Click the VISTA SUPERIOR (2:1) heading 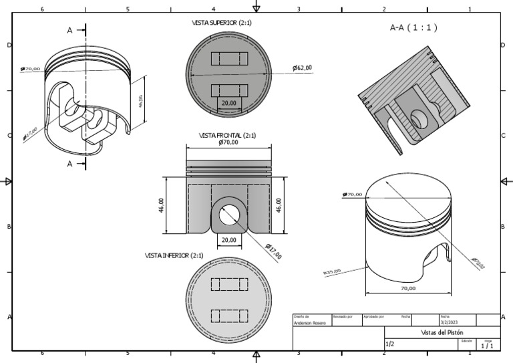click(x=221, y=23)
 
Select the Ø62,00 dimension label click(x=302, y=68)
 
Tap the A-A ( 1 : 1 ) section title click(x=413, y=28)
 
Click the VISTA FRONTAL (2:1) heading click(x=227, y=135)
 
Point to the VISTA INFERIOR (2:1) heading click(x=174, y=255)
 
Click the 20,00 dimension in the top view click(x=229, y=104)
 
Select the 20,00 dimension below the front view click(x=229, y=239)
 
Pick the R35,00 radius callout click(x=332, y=271)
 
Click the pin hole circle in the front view click(x=230, y=213)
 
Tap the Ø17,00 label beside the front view click(x=273, y=251)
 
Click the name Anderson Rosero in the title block click(x=310, y=323)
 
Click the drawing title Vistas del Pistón click(x=442, y=332)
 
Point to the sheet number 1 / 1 click(x=488, y=346)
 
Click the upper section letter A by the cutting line click(x=70, y=31)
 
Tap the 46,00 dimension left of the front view click(x=161, y=205)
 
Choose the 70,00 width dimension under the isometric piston click(x=407, y=289)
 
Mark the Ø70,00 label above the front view click(x=228, y=142)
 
